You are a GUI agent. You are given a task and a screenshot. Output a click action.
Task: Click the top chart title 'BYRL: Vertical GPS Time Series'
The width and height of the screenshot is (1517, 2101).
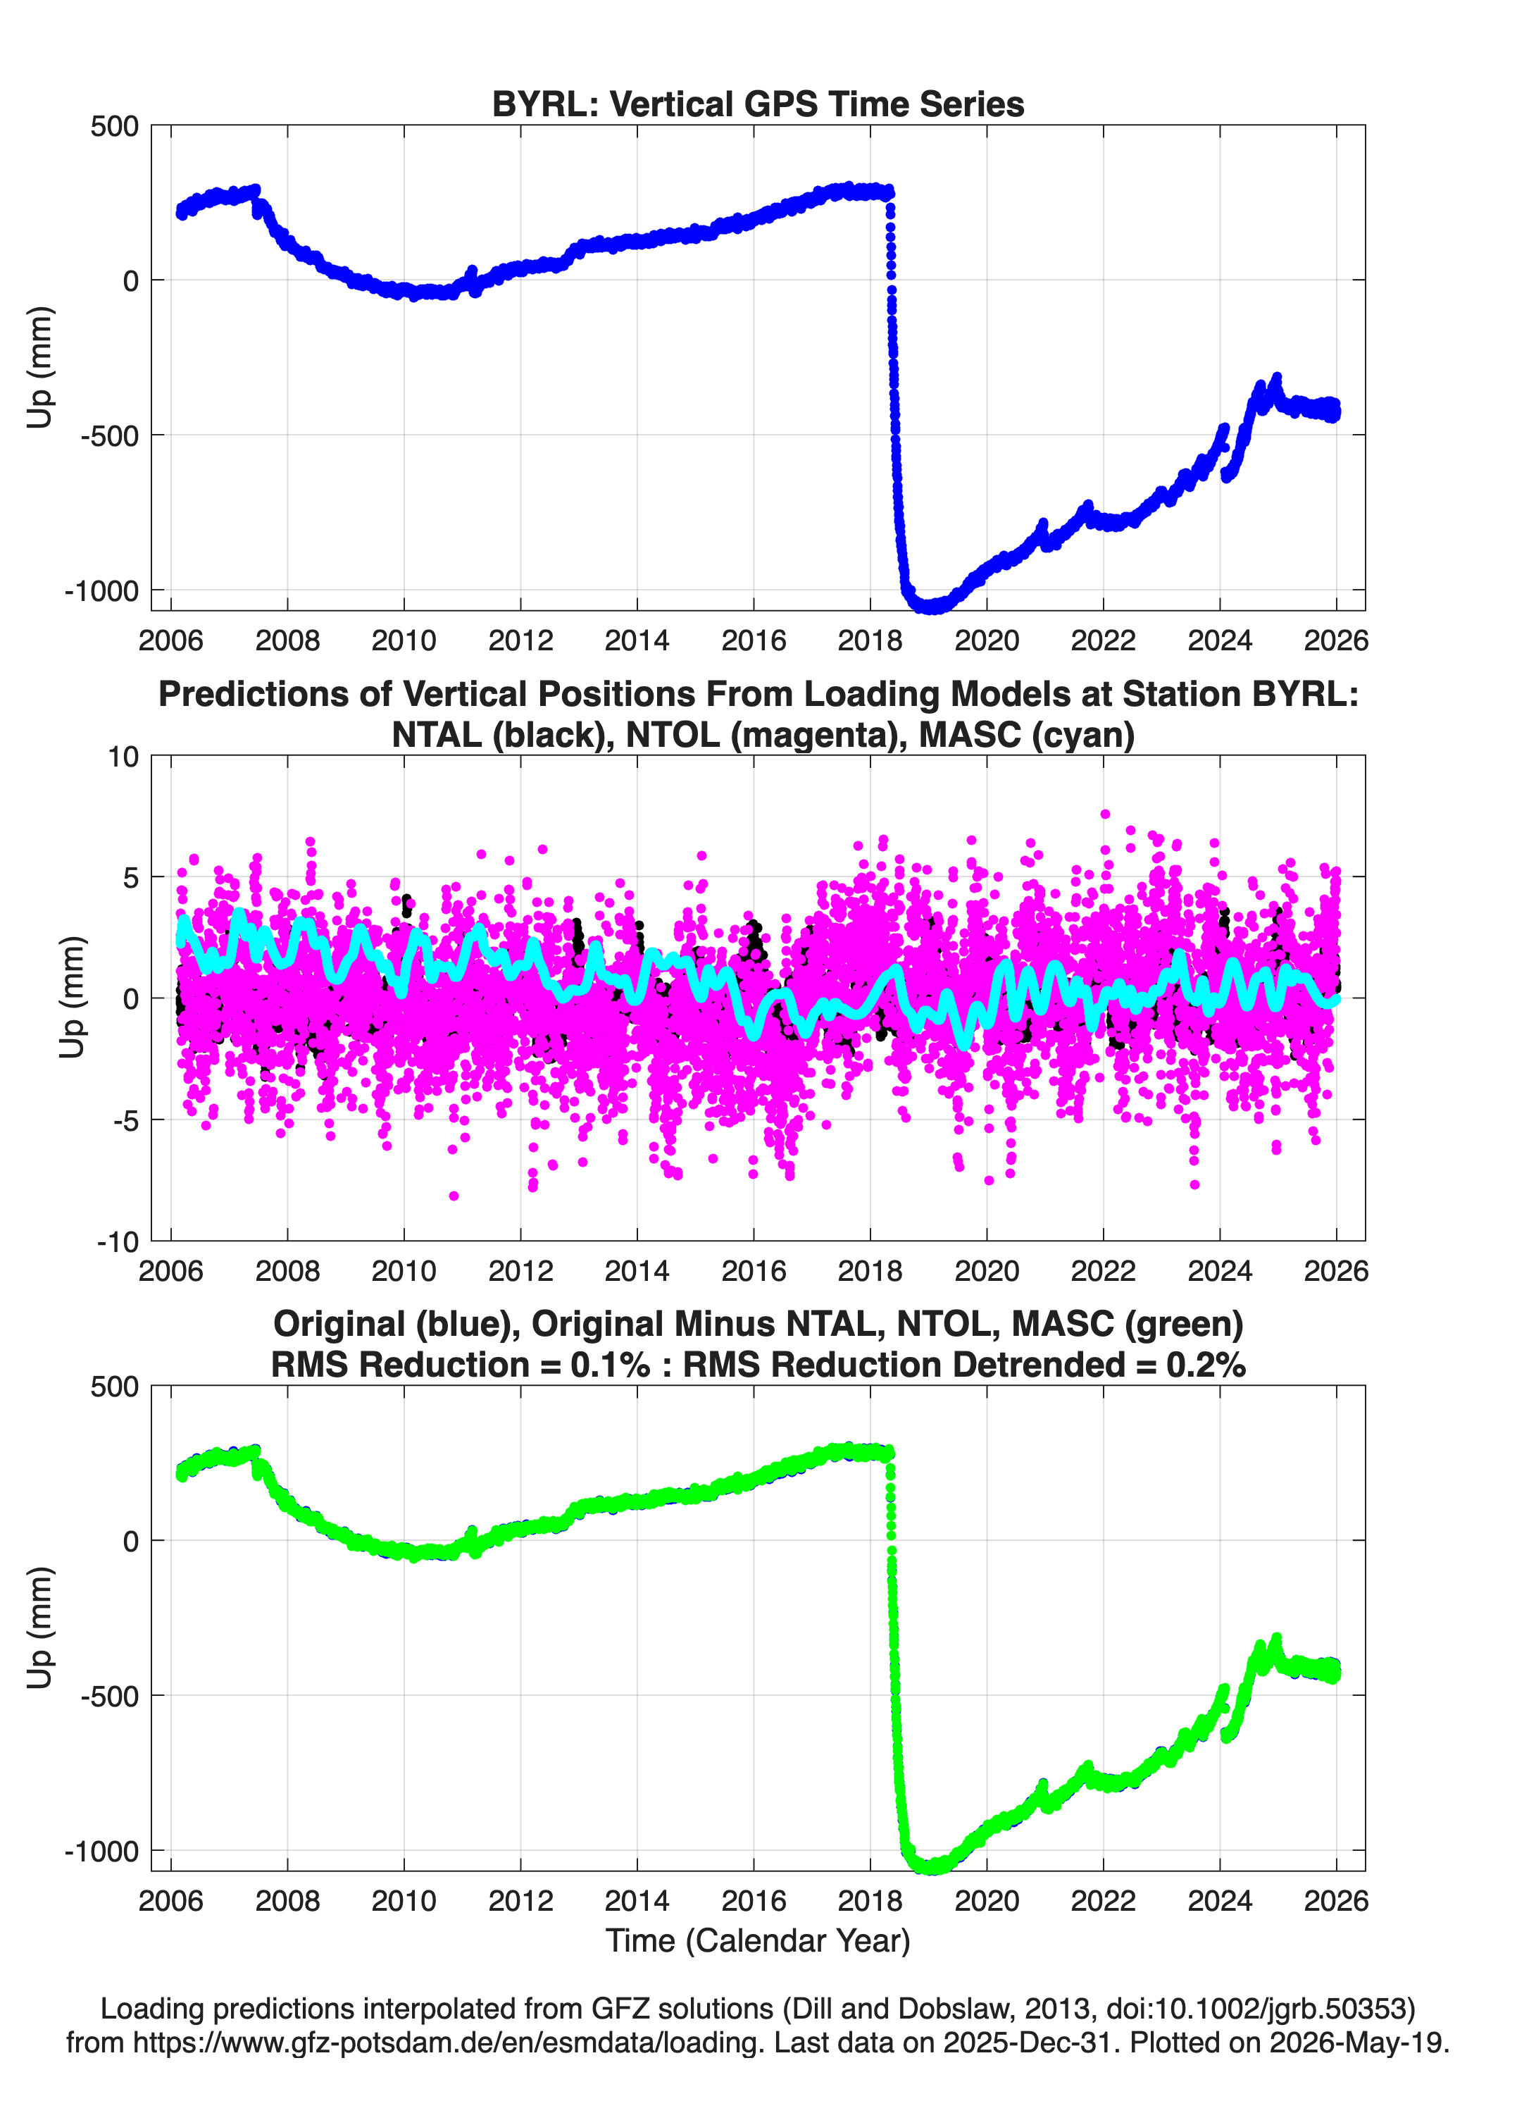(758, 104)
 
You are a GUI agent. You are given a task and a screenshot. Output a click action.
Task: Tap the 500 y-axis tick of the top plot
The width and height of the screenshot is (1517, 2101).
(115, 126)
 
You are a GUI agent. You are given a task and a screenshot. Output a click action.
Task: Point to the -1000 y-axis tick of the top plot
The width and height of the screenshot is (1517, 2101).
(102, 590)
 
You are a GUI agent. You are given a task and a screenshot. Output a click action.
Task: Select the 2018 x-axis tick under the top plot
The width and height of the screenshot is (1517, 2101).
(870, 640)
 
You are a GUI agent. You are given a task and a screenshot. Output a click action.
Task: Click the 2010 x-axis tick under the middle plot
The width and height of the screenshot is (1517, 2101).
(404, 1270)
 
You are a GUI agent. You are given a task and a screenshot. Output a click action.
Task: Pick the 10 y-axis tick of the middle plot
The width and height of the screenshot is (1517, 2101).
(123, 757)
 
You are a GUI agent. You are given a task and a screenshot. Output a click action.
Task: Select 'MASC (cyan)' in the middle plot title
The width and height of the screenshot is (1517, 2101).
(1027, 735)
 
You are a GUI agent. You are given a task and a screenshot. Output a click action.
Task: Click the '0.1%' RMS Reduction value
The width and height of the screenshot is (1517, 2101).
(609, 1365)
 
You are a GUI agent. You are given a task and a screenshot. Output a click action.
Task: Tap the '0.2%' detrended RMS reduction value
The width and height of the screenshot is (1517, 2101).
(1206, 1365)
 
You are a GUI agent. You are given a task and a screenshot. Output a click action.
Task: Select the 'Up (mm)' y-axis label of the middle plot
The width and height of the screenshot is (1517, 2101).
(73, 998)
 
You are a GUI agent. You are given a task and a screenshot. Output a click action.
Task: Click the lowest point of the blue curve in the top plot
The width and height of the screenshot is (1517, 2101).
(931, 609)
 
